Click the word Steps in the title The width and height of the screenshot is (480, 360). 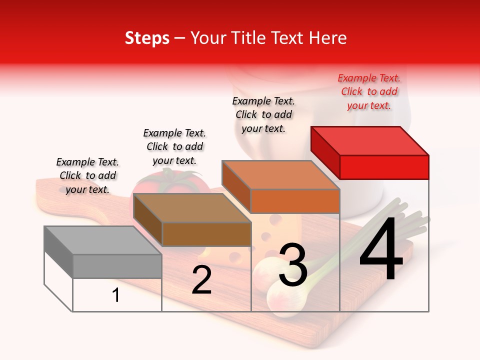point(147,38)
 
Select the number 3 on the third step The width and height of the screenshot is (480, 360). point(292,265)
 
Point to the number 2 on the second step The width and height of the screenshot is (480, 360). point(201,280)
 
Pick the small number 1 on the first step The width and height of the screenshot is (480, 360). point(116,295)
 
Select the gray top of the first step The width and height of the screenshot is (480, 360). point(102,240)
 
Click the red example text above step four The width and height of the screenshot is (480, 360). point(369,91)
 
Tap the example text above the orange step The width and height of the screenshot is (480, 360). point(263,114)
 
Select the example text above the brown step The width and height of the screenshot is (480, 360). point(174,146)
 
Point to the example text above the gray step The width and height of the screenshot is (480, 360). point(87,175)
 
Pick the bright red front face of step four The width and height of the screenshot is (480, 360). point(384,167)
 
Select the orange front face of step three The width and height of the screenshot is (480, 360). point(295,201)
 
